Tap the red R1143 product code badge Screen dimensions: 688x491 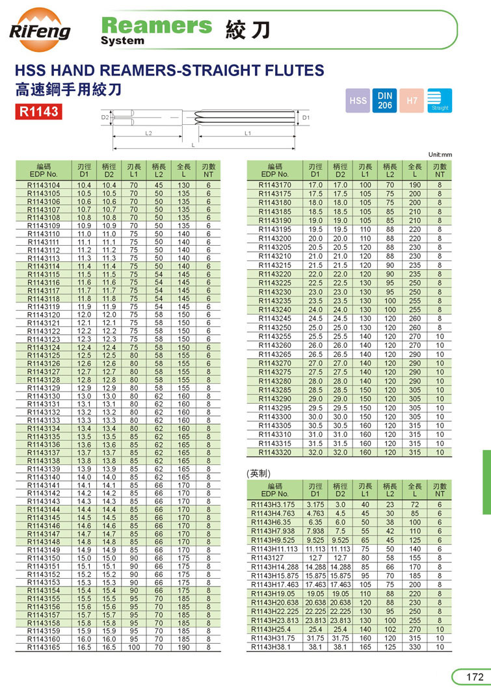click(38, 111)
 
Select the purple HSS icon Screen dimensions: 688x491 click(358, 101)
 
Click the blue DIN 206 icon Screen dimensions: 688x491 click(385, 101)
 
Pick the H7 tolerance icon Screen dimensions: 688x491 click(412, 101)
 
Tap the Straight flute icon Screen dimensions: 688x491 click(440, 101)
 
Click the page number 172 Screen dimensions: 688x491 click(474, 677)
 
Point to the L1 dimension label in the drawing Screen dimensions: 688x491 click(248, 133)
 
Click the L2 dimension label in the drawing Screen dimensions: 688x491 click(148, 133)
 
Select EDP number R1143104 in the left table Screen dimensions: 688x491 click(44, 185)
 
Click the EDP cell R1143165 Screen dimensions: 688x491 click(44, 648)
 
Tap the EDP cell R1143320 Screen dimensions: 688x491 click(275, 452)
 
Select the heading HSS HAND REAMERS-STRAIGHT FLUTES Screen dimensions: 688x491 click(169, 70)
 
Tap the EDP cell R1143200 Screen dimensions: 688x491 click(275, 239)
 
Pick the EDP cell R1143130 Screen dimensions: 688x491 click(44, 395)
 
